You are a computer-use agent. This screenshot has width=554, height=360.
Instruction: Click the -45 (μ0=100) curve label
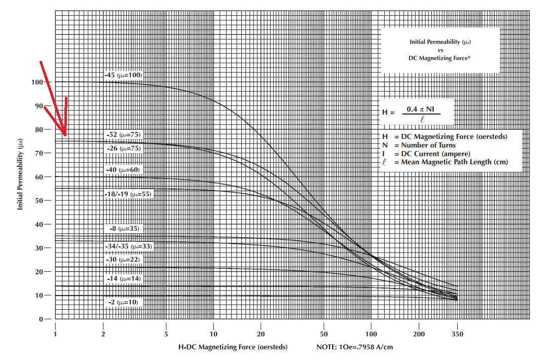(123, 75)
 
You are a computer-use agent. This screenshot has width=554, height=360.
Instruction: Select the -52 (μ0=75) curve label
(123, 135)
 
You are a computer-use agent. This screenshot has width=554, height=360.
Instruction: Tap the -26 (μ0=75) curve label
(124, 149)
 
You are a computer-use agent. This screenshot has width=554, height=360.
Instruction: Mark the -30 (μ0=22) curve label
(123, 260)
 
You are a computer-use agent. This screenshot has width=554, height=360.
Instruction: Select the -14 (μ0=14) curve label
(123, 279)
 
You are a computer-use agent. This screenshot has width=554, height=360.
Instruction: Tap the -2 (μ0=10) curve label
(123, 302)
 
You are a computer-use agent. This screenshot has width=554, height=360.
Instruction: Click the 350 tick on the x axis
(458, 334)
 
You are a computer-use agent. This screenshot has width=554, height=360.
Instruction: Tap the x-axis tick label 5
(166, 334)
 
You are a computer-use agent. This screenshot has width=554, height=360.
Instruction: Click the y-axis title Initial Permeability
(21, 175)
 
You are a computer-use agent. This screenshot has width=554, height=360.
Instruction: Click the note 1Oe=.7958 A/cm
(354, 347)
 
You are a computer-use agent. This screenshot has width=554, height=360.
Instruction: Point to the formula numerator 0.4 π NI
(421, 109)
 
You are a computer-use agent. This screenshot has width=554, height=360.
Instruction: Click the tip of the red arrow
(65, 135)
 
